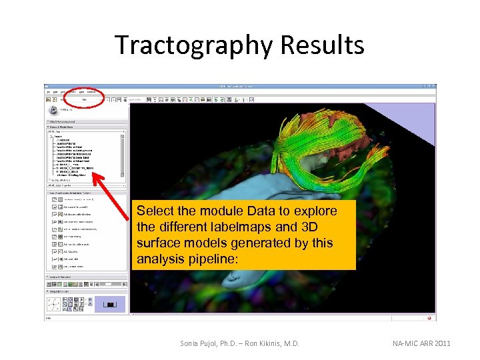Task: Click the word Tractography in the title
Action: (x=193, y=45)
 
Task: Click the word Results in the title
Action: (x=323, y=45)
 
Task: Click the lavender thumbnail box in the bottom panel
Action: (x=110, y=304)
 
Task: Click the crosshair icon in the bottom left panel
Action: (x=53, y=304)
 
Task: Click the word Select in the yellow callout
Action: (x=155, y=211)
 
